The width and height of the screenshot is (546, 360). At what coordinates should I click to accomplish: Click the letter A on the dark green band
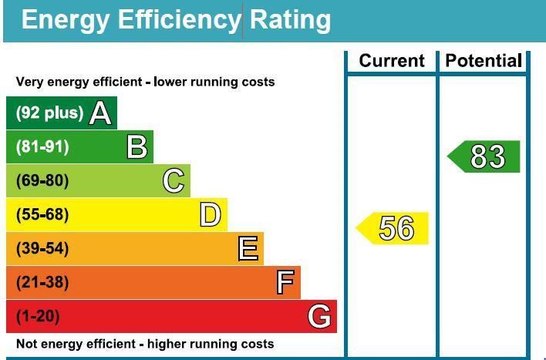click(100, 113)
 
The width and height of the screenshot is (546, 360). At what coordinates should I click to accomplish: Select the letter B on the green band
click(137, 146)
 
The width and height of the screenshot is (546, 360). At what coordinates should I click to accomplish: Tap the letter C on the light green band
click(174, 181)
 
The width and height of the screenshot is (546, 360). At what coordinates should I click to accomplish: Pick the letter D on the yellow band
click(210, 215)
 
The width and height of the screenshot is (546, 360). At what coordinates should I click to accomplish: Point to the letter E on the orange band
click(248, 249)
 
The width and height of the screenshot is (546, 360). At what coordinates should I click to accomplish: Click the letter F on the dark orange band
click(285, 283)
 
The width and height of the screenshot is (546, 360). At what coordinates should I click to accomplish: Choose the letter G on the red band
click(319, 316)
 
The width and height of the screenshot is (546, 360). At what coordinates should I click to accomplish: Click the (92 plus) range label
click(49, 113)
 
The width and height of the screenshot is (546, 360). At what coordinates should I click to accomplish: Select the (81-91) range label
click(42, 146)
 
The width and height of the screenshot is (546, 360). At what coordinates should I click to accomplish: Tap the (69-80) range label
click(42, 181)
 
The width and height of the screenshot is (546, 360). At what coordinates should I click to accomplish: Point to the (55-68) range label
click(42, 215)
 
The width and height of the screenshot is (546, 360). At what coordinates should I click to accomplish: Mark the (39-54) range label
click(42, 249)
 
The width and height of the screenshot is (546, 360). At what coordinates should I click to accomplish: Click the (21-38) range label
click(42, 283)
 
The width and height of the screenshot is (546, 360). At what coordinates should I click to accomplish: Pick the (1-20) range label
click(38, 316)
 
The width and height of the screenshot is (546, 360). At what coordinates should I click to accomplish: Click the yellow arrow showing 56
click(393, 229)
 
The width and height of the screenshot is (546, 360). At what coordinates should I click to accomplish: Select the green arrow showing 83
click(485, 156)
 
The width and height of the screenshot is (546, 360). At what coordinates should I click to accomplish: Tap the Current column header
click(392, 61)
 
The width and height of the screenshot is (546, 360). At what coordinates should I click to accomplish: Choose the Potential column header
click(484, 61)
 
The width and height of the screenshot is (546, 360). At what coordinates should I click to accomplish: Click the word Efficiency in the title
click(180, 20)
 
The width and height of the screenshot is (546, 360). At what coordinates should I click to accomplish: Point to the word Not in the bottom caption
click(27, 344)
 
